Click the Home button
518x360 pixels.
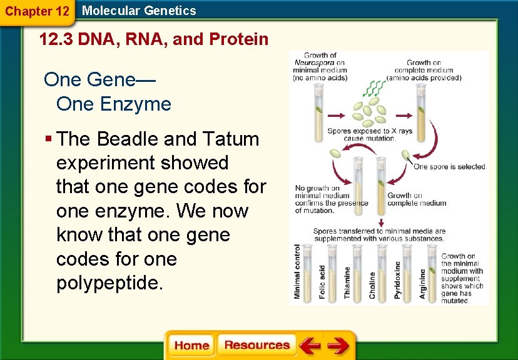(x=191, y=346)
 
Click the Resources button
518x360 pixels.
(x=256, y=346)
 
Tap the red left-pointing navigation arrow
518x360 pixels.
(x=310, y=346)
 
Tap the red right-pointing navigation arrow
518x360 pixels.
(x=338, y=346)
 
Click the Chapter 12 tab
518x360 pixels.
(x=37, y=11)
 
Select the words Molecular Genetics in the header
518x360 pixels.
(x=139, y=11)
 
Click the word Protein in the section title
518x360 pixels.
(x=239, y=40)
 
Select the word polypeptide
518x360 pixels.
(x=109, y=283)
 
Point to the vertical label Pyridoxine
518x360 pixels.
(x=398, y=280)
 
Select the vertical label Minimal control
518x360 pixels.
(x=298, y=271)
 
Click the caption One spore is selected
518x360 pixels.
(x=449, y=166)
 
